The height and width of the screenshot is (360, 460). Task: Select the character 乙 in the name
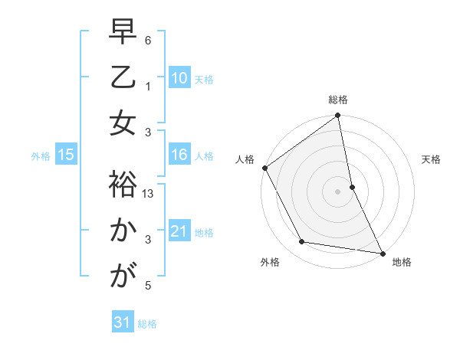coord(123,79)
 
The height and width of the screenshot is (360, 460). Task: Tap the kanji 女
coord(123,123)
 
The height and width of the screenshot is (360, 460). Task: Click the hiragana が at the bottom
coord(123,275)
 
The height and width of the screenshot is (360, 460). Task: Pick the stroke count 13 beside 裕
coord(149,195)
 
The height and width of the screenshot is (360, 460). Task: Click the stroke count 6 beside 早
coord(149,40)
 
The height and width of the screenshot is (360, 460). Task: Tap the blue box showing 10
coord(179,77)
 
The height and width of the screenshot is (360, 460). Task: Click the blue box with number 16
coord(179,155)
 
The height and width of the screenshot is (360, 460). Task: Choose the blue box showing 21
coord(179,231)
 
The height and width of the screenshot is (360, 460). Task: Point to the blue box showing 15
coord(65,155)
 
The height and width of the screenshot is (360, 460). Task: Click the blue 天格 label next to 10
coord(204,79)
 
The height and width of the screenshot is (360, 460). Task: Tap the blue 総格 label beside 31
coord(147,324)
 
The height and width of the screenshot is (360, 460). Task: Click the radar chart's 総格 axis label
coord(338,100)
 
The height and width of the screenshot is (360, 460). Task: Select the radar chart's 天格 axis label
coord(432,159)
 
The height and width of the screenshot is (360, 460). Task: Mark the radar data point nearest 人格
coord(264,168)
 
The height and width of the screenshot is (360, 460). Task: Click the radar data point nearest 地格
coord(382,252)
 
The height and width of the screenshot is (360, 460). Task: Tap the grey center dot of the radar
coord(337,191)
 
